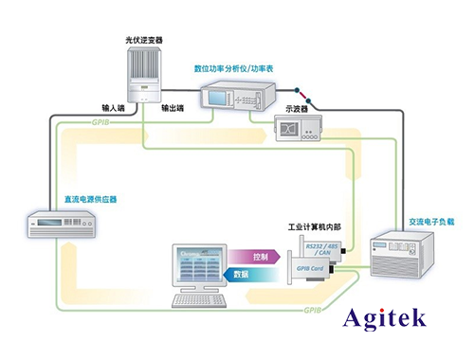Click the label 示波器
coord(301,107)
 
